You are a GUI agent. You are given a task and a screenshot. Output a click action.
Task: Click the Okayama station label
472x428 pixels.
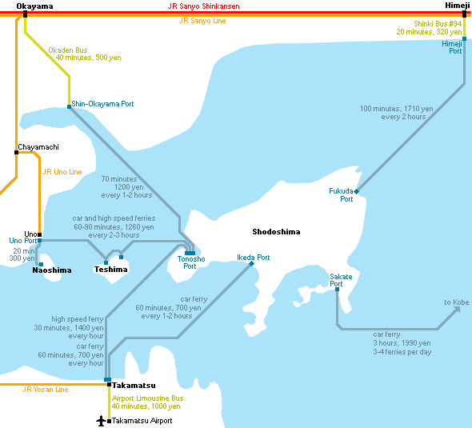[34, 6]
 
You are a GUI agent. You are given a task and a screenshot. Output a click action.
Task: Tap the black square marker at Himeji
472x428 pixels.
[465, 14]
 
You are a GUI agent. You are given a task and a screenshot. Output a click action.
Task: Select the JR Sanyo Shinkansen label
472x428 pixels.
[203, 6]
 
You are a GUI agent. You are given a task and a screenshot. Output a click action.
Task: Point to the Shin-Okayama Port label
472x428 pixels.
[102, 104]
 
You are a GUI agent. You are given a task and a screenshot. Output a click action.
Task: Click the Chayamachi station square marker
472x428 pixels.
[16, 152]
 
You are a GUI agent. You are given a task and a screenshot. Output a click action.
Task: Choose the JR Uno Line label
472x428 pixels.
[62, 171]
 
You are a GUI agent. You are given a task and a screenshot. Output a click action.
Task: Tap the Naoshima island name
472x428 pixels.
[52, 270]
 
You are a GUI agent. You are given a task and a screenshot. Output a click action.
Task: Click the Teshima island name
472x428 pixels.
[110, 269]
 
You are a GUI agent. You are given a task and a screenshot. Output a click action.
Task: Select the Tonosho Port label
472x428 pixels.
[191, 262]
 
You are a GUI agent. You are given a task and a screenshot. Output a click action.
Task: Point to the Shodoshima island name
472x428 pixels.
[276, 231]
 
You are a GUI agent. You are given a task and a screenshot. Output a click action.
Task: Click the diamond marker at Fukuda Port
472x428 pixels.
[357, 191]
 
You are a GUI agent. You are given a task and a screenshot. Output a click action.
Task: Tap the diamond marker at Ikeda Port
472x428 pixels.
[252, 264]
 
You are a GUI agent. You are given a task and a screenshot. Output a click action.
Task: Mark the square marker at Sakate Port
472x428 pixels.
[337, 290]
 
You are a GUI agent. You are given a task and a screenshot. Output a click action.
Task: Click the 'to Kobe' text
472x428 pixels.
[457, 302]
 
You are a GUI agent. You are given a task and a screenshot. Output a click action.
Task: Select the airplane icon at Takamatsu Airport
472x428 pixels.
[101, 421]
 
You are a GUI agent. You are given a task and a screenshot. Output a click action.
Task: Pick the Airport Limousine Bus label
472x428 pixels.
[147, 398]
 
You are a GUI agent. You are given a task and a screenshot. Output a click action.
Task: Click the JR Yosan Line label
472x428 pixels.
[45, 390]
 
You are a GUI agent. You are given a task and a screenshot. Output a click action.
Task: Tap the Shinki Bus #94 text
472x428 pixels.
[438, 24]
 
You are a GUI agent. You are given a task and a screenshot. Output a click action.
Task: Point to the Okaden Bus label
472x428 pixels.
[68, 50]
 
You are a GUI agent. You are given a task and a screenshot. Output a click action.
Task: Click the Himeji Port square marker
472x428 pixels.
[465, 39]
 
